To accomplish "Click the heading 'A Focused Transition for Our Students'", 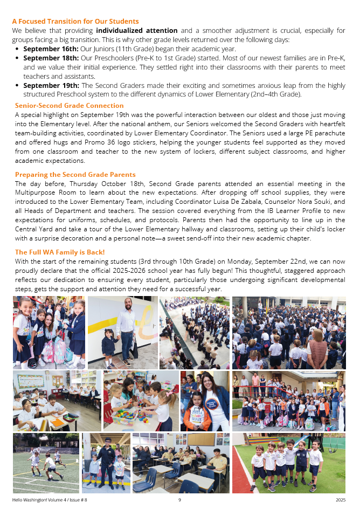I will point(75,22).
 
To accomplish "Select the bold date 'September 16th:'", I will point(51,49).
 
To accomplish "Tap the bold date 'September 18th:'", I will point(51,58).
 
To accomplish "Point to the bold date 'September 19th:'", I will point(51,85).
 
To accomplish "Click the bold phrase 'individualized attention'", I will point(136,31).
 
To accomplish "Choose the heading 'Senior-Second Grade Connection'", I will point(69,105).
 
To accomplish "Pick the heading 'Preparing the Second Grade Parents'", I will point(75,175).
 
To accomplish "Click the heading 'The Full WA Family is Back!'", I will point(60,252).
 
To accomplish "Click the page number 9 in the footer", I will point(179,500).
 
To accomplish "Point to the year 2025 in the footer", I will point(340,500).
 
